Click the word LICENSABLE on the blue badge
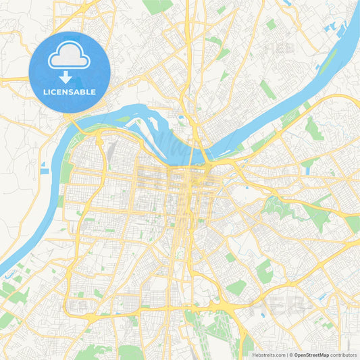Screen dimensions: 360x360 pyautogui.click(x=70, y=91)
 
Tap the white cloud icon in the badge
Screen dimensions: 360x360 pyautogui.click(x=70, y=59)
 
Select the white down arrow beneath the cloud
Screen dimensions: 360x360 pyautogui.click(x=70, y=76)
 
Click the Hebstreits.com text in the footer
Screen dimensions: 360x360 pyautogui.click(x=269, y=355)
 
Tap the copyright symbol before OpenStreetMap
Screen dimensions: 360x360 pyautogui.click(x=291, y=355)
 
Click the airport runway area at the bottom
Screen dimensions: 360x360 pyautogui.click(x=203, y=331)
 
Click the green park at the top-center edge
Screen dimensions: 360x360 pyautogui.click(x=157, y=6)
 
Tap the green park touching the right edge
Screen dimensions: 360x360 pyautogui.click(x=353, y=224)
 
